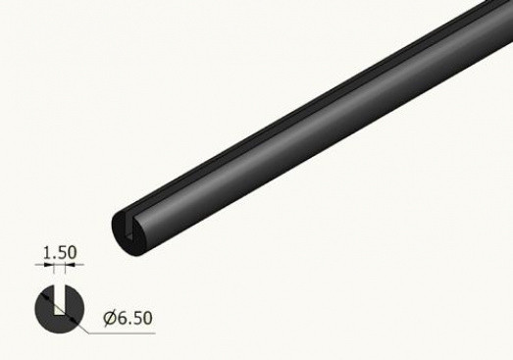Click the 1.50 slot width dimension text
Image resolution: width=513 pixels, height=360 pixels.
(x=60, y=253)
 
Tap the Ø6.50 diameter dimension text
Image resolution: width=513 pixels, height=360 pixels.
(x=128, y=318)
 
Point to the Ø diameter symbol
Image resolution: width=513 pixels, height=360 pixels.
(x=110, y=319)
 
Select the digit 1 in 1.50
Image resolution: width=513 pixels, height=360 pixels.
(x=47, y=253)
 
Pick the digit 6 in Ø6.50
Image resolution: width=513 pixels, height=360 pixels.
(x=122, y=318)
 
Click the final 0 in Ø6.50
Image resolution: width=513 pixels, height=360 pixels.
(x=147, y=319)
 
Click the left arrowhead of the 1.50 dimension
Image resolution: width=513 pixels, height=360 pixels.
(x=49, y=265)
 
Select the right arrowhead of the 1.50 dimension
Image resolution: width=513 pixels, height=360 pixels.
(x=70, y=265)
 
